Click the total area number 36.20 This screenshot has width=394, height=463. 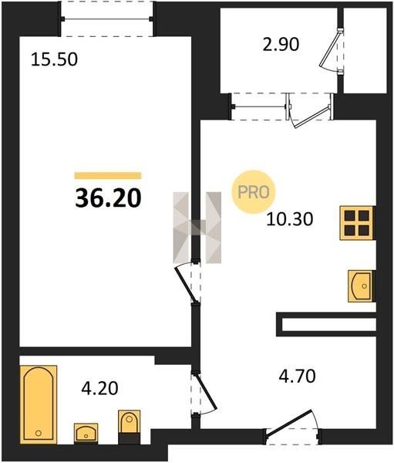[x=108, y=198]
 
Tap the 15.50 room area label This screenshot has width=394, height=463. [x=54, y=59]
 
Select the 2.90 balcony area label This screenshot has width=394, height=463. [x=281, y=45]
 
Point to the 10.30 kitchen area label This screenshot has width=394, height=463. [x=289, y=219]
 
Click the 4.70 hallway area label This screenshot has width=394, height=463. [x=297, y=377]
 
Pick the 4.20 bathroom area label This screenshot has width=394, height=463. [x=99, y=388]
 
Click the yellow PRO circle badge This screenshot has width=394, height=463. [x=254, y=192]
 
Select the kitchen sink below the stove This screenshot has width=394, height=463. [x=362, y=286]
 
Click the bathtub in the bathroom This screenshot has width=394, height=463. [x=39, y=404]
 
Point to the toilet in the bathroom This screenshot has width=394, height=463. [x=130, y=427]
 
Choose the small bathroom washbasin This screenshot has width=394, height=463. [x=86, y=434]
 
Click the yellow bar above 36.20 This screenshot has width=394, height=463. [x=108, y=176]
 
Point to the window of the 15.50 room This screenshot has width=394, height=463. [x=107, y=19]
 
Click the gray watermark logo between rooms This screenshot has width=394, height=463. [x=197, y=228]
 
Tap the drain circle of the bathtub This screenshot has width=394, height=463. [x=38, y=433]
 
